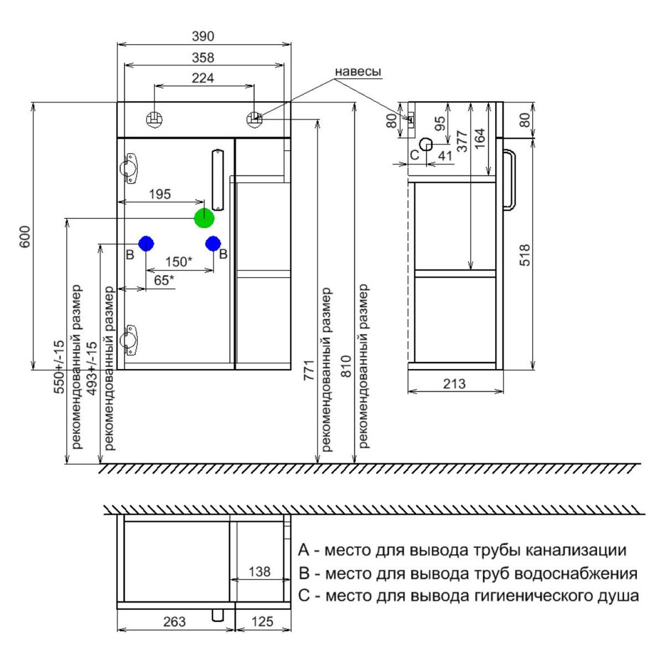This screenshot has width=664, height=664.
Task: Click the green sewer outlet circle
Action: tap(204, 218)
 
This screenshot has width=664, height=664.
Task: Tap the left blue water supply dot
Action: tap(146, 243)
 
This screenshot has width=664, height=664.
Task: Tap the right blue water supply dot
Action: tap(213, 243)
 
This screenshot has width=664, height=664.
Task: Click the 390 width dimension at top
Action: tap(203, 36)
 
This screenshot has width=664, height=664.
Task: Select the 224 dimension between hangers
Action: tap(203, 78)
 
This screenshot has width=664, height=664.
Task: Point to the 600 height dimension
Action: tap(25, 236)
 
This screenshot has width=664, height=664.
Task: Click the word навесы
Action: tap(358, 72)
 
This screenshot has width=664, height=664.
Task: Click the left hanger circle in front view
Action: tap(154, 119)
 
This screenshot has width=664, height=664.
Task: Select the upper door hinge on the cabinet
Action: tap(129, 168)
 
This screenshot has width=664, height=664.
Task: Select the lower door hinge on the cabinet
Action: tap(129, 340)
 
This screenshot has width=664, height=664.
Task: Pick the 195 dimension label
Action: tap(160, 194)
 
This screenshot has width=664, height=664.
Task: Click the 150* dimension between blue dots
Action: tap(179, 262)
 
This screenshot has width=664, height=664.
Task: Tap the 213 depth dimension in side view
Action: tap(454, 383)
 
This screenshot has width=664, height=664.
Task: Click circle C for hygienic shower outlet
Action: tap(426, 144)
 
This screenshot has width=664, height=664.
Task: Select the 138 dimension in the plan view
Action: tap(259, 571)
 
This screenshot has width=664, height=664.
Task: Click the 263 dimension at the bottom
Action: tap(174, 622)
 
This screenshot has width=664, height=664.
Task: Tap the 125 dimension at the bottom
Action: tap(262, 622)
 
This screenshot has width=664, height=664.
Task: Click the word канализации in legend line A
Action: tap(575, 550)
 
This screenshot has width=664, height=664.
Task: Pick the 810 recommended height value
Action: tap(346, 367)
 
